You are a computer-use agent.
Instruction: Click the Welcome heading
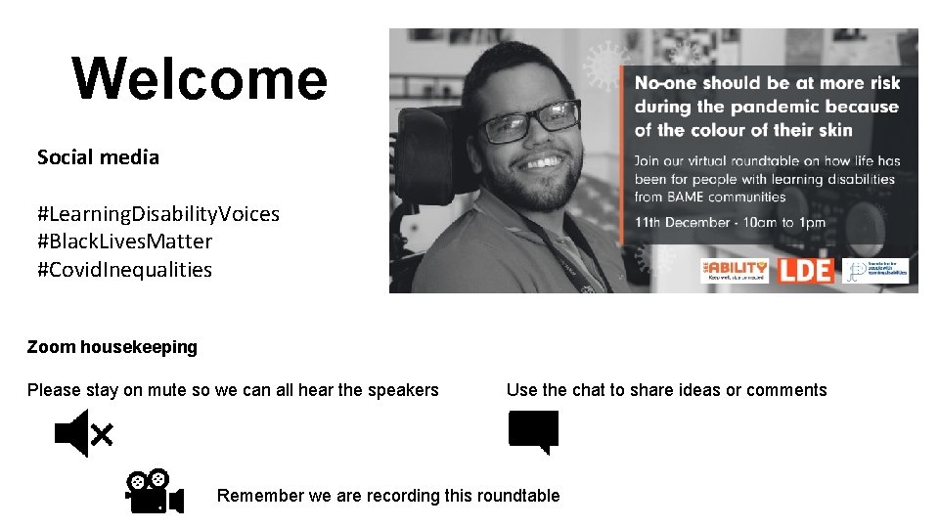(200, 78)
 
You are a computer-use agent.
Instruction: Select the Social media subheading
(98, 157)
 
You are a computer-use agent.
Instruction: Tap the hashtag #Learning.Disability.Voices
(158, 213)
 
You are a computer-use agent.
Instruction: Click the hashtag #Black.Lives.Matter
(124, 242)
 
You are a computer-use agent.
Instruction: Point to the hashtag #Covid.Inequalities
(124, 270)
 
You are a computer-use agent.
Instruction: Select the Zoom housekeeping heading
(112, 347)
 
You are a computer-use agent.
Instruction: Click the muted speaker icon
(83, 433)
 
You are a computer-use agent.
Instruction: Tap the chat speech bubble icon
(533, 431)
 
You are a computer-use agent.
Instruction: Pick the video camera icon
(154, 492)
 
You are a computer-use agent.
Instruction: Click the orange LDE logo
(805, 270)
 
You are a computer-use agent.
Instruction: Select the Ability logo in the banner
(735, 270)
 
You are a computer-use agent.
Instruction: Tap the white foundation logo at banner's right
(875, 271)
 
